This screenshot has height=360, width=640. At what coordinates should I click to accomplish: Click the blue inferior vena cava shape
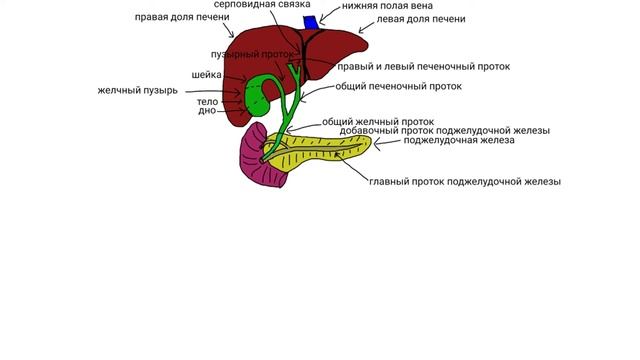(311, 22)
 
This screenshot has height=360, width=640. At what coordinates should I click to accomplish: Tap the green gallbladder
(256, 96)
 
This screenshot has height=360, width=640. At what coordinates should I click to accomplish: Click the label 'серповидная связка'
(262, 4)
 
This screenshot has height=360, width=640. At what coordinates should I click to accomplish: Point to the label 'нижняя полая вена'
(387, 6)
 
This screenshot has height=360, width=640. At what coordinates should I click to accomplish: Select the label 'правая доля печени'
(182, 17)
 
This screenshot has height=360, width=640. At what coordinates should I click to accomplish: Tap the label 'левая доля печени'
(420, 19)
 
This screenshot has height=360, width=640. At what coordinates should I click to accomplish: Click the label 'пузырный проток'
(252, 54)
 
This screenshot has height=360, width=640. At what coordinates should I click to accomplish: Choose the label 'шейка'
(207, 75)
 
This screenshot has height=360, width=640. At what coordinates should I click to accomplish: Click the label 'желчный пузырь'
(138, 90)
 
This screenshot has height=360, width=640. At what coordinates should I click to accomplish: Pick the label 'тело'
(207, 102)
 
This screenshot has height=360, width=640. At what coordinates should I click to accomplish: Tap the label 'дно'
(207, 111)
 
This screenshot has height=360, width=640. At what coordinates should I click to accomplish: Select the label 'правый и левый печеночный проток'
(423, 67)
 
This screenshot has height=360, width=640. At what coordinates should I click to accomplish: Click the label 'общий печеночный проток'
(398, 87)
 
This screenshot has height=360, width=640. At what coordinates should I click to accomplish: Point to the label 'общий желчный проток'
(378, 122)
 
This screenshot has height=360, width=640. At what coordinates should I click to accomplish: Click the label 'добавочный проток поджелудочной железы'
(444, 131)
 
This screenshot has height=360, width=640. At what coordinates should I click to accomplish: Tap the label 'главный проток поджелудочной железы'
(465, 182)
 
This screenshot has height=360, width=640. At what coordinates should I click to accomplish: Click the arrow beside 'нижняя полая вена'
(329, 14)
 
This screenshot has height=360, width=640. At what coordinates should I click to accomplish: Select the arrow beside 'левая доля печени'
(366, 27)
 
